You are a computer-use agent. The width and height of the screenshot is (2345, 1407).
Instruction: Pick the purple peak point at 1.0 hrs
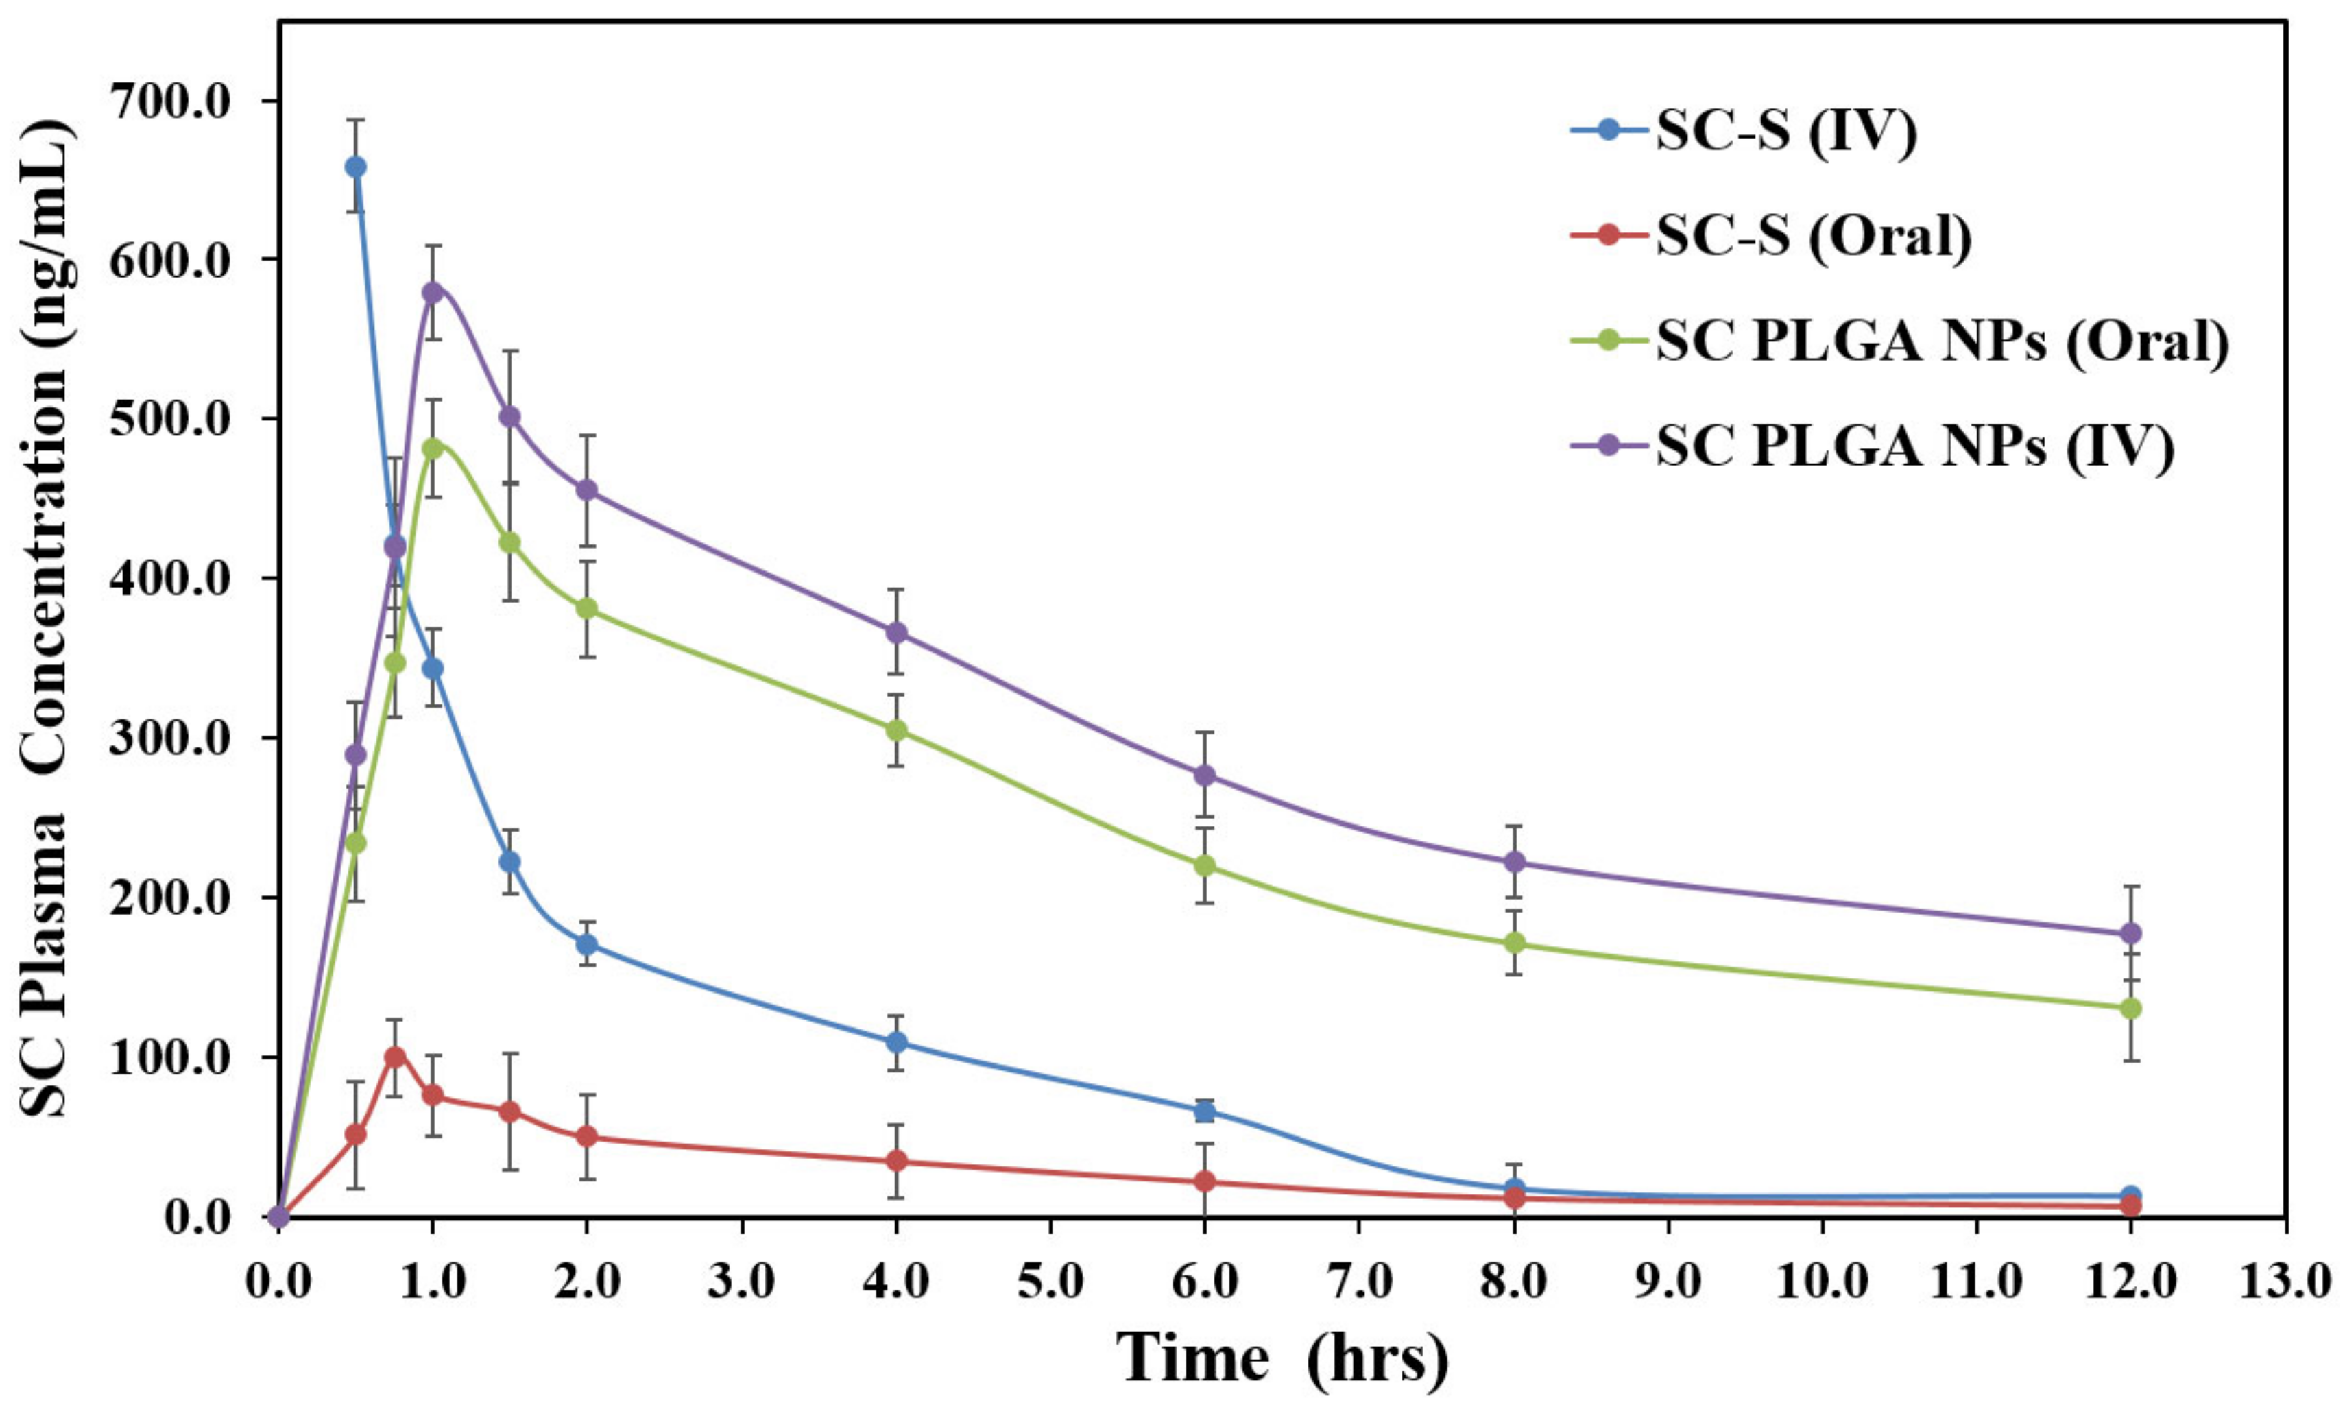click(x=432, y=292)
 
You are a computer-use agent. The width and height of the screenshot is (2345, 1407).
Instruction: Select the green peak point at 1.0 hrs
click(x=432, y=448)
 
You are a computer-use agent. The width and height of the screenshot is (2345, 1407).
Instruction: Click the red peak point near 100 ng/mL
click(x=395, y=1057)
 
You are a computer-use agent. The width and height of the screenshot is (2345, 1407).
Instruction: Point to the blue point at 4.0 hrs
click(x=895, y=1043)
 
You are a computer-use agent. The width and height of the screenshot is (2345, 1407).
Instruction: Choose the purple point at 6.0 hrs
click(x=1204, y=775)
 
